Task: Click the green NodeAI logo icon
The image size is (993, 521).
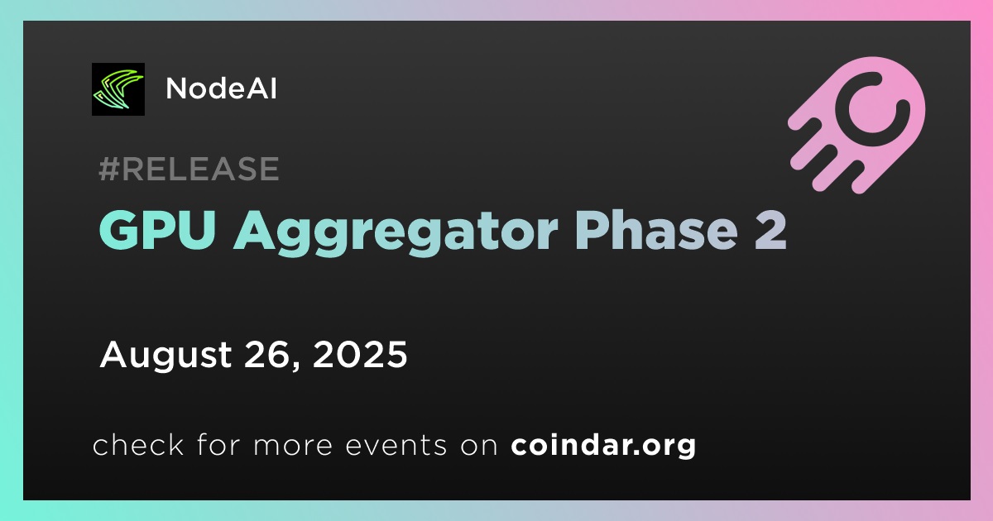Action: (118, 89)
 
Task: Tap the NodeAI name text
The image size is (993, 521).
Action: (221, 88)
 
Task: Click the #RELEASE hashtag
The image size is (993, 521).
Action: (189, 169)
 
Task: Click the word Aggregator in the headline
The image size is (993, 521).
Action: (396, 233)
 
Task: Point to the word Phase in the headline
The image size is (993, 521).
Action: (656, 230)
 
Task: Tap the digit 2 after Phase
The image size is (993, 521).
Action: (771, 231)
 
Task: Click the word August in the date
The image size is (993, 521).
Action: (165, 356)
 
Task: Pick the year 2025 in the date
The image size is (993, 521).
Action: (360, 355)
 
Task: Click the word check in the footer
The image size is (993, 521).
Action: (138, 444)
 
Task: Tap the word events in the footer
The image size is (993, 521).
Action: (396, 445)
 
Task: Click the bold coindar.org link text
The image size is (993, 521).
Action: (603, 446)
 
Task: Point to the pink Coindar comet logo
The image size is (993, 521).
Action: (856, 125)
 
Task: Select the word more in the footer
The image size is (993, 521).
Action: (293, 445)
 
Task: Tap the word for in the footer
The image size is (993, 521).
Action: (218, 444)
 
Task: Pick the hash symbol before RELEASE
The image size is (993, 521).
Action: (109, 169)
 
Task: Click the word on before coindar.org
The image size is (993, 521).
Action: (479, 446)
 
